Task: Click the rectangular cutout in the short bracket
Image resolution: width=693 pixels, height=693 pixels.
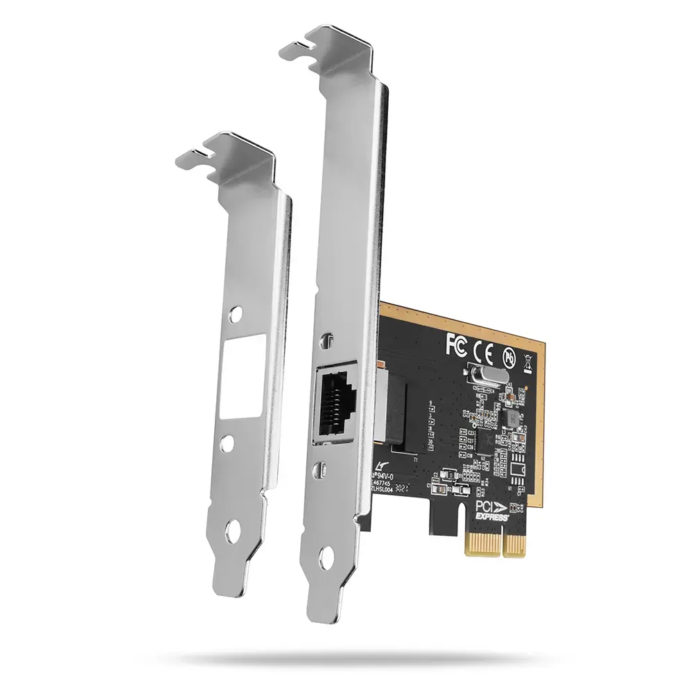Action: (x=235, y=385)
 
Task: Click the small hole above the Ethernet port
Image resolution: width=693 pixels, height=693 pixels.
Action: (x=327, y=341)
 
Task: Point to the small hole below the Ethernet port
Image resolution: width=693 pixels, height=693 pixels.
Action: (x=324, y=470)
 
